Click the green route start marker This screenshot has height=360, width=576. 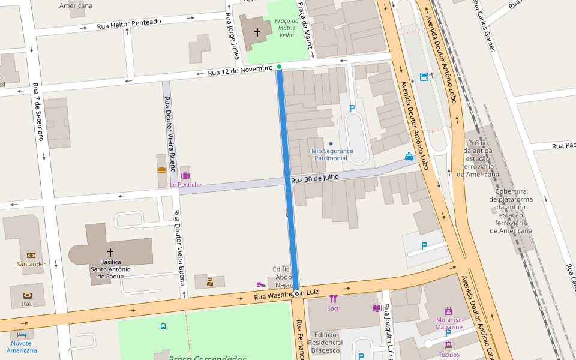point(279,67)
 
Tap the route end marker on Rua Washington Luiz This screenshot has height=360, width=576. point(296,293)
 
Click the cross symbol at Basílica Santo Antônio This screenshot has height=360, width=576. point(110,253)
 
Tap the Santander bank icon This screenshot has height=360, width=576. point(31,256)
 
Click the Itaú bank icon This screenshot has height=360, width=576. point(27,295)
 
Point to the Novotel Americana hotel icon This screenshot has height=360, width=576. point(22,334)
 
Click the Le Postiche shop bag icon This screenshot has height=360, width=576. point(185,175)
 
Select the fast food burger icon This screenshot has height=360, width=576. point(161,170)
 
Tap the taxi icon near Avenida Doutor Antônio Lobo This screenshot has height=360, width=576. point(409,157)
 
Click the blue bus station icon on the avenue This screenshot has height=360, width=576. point(424,77)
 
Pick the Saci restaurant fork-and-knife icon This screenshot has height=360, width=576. point(333,299)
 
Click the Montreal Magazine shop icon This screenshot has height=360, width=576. point(449,311)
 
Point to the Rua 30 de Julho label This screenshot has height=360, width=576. point(315,178)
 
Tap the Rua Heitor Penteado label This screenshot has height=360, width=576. point(129,25)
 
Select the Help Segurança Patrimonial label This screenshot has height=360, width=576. point(331,154)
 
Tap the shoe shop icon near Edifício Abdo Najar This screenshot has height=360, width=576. point(260,284)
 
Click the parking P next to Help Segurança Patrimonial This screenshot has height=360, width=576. point(352,109)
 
